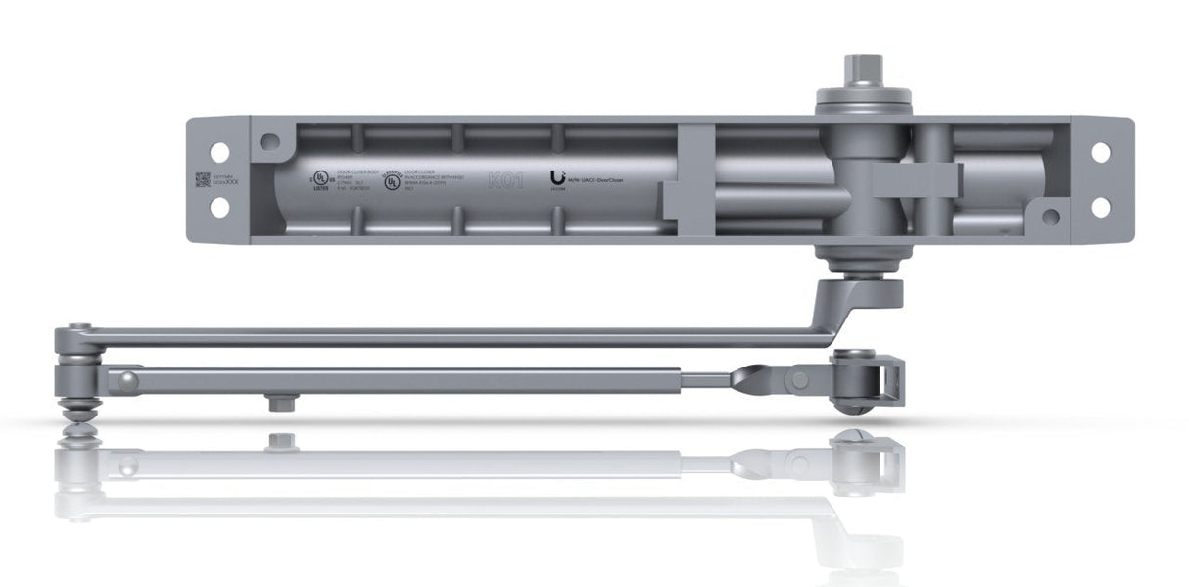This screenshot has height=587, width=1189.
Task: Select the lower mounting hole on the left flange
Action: pyautogui.click(x=220, y=207)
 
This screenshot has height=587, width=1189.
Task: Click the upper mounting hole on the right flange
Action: pyautogui.click(x=1101, y=152)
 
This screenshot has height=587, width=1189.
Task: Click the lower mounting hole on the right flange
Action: pyautogui.click(x=1101, y=207)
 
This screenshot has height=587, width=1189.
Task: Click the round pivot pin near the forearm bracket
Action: pyautogui.click(x=801, y=379)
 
